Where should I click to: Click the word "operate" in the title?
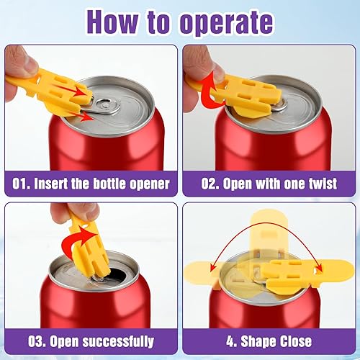coord(227,22)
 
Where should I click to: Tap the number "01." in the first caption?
coord(21,184)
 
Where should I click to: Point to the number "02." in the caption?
coord(210,184)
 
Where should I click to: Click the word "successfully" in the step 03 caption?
coord(118,342)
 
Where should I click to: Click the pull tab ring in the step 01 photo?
coord(106,107)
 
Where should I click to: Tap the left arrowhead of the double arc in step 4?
coord(213,268)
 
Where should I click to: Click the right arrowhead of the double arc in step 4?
coord(319,268)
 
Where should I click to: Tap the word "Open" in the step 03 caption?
coord(64,342)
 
